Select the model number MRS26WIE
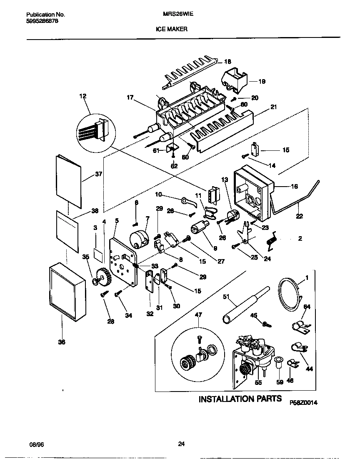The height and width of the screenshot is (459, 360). pyautogui.click(x=178, y=14)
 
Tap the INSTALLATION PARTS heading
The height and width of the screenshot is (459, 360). pyautogui.click(x=240, y=399)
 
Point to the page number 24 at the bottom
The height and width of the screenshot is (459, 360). pyautogui.click(x=181, y=444)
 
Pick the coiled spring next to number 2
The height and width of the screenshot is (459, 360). pyautogui.click(x=271, y=242)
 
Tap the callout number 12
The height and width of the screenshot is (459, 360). pyautogui.click(x=82, y=96)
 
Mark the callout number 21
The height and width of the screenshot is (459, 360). pyautogui.click(x=273, y=107)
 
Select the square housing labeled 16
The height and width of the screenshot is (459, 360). pyautogui.click(x=252, y=192)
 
